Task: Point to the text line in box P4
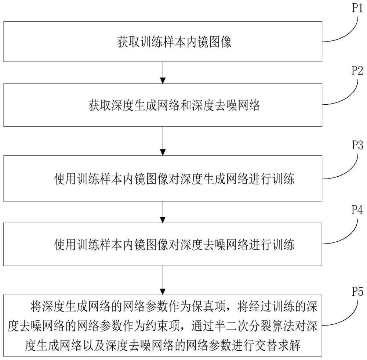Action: [x=174, y=244]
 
